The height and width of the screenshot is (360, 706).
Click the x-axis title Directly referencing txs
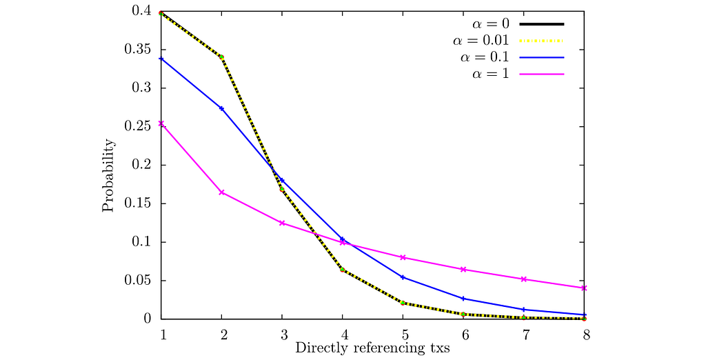[x=372, y=348]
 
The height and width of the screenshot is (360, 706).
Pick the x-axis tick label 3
[x=282, y=334]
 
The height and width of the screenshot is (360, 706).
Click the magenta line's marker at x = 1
[x=161, y=124]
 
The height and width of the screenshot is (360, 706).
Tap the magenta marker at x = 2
[x=221, y=192]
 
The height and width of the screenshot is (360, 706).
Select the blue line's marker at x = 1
[x=161, y=59]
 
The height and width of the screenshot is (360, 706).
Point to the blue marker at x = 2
[x=221, y=108]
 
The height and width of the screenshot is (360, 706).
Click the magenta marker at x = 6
[x=463, y=270]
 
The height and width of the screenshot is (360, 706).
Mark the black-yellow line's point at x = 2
[x=221, y=57]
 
